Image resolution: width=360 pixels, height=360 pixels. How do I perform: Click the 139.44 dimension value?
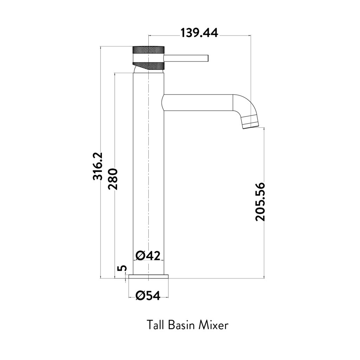tap(199, 33)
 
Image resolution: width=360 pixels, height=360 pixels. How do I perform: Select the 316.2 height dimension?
tap(97, 166)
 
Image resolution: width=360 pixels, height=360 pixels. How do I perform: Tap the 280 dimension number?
tap(113, 179)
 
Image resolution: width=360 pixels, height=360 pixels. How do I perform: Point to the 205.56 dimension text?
tap(261, 201)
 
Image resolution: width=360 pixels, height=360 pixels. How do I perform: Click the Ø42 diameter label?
tap(148, 256)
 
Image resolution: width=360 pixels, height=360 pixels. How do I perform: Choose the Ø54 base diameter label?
tap(148, 296)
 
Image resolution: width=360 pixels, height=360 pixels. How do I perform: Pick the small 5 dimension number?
tap(122, 268)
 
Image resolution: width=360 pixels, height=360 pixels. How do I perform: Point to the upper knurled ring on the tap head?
tap(148, 50)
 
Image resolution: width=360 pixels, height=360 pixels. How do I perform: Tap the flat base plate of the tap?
tap(149, 277)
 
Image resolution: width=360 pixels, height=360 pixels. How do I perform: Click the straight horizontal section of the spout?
tap(197, 103)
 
